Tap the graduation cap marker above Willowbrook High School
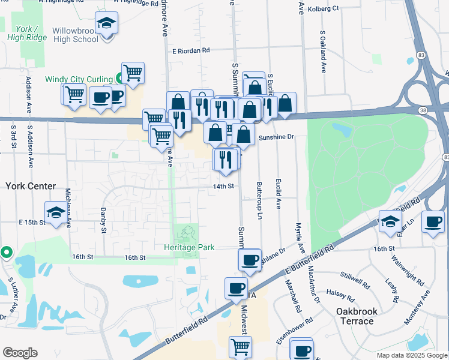click(107, 25)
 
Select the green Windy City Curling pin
click(120, 77)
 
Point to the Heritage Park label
click(189, 247)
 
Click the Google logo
click(20, 353)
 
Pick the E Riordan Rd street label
click(190, 52)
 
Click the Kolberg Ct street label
click(323, 8)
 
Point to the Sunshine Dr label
click(276, 137)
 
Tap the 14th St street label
click(223, 187)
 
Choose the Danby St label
click(103, 221)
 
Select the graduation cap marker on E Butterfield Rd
click(390, 221)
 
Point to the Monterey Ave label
click(417, 308)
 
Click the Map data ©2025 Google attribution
click(411, 355)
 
